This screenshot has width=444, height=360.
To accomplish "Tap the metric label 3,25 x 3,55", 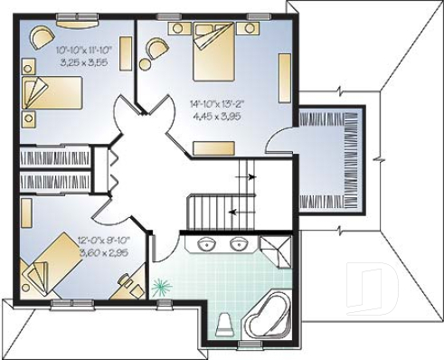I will [x=82, y=63].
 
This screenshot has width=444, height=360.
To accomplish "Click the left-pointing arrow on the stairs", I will [x=233, y=213].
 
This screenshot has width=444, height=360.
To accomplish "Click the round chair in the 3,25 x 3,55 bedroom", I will [x=41, y=38].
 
